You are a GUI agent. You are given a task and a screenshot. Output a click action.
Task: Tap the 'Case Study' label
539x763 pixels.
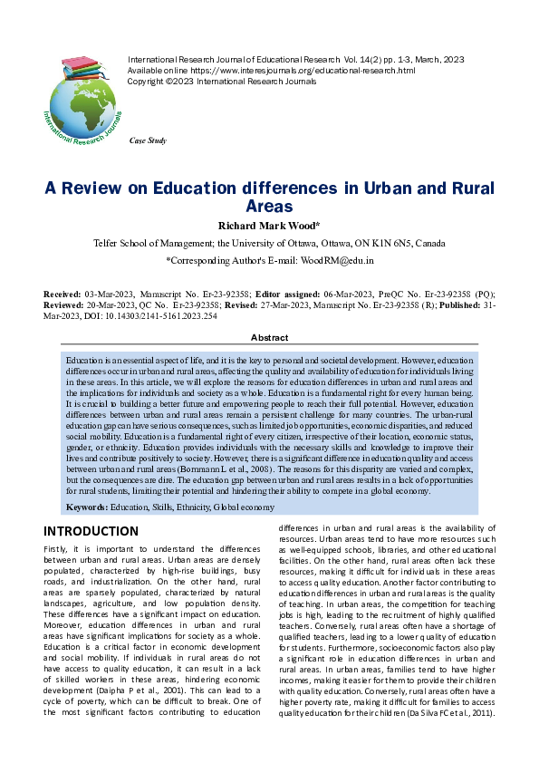[149, 141]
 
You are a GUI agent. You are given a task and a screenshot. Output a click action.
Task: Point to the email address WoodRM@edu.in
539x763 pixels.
[337, 260]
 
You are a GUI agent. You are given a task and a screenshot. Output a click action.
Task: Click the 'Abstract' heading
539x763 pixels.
[269, 337]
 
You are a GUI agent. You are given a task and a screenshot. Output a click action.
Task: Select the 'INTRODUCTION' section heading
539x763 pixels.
[91, 531]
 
